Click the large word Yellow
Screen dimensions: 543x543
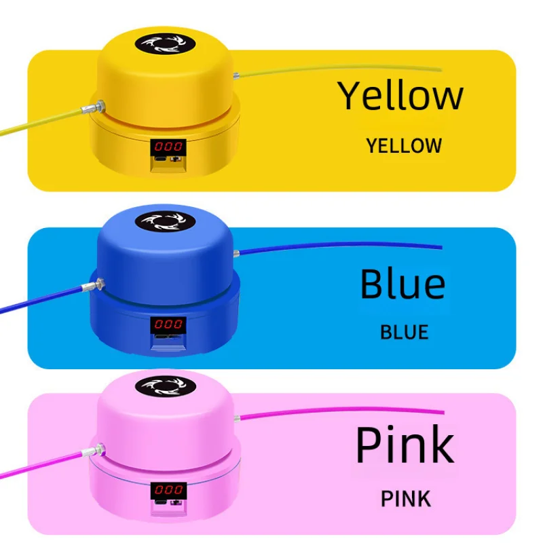400,96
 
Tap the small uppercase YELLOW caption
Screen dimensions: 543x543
404,146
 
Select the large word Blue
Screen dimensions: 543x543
402,284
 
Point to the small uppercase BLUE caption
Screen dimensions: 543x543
405,333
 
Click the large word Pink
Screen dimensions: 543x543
405,445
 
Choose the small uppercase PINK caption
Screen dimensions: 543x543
405,499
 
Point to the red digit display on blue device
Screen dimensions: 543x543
167,324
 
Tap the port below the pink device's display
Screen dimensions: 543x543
168,504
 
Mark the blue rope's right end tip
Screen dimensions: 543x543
441,247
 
